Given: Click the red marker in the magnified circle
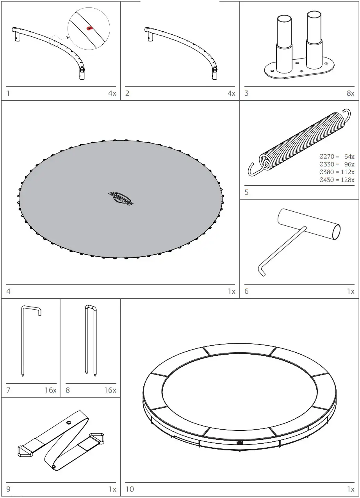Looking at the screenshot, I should [89, 28].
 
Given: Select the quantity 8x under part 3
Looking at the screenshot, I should [350, 93].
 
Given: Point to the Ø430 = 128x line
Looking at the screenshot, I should [337, 180].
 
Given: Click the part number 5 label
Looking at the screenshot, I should [246, 192].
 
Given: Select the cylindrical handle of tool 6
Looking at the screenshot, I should [308, 223].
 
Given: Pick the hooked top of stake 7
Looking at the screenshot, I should [31, 309].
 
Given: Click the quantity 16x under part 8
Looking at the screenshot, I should [110, 390].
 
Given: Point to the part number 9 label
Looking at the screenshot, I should [8, 489].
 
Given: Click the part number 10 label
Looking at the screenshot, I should [130, 489].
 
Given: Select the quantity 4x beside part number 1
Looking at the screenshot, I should [112, 93].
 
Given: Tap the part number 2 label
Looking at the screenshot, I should [127, 93].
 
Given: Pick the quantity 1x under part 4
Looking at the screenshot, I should [232, 291].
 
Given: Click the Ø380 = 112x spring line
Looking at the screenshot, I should [337, 172].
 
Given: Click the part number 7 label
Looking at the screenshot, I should [8, 390].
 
